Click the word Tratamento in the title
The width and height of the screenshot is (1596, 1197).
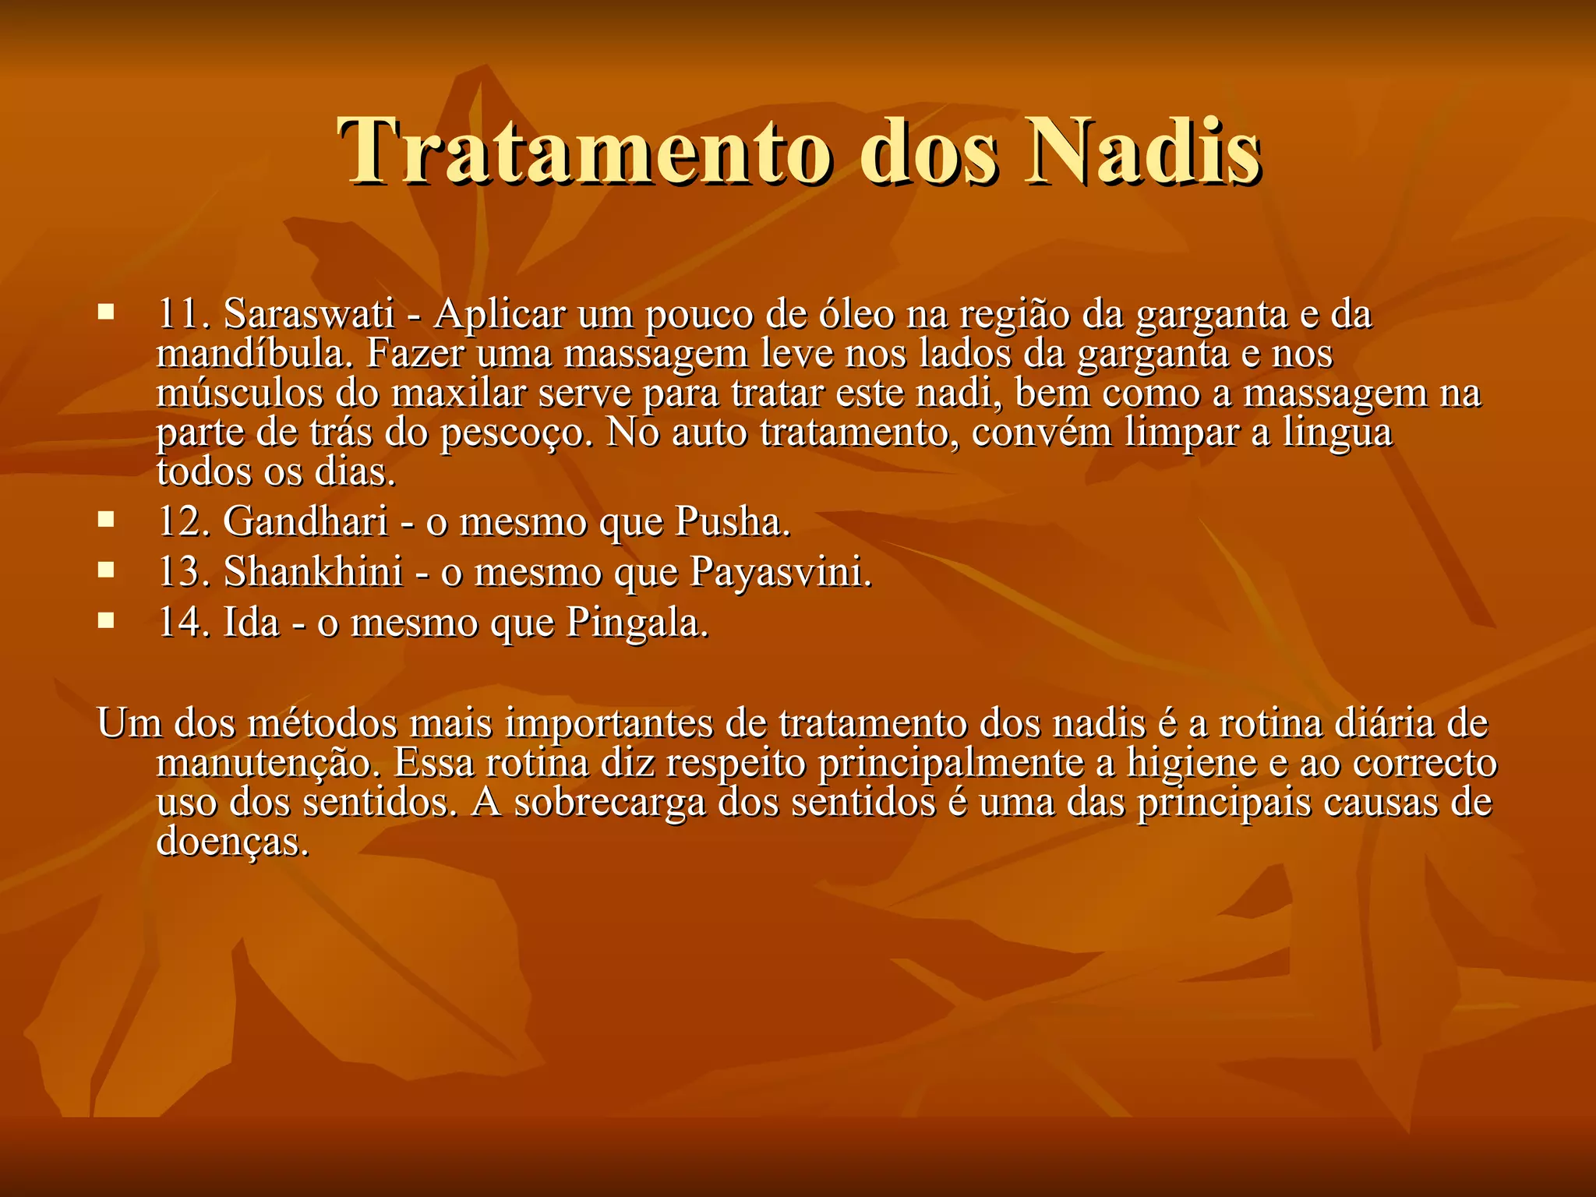click(584, 152)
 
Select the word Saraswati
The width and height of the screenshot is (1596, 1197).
click(309, 314)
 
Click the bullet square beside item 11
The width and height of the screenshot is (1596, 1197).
click(106, 313)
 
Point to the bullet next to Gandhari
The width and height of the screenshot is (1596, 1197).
click(106, 520)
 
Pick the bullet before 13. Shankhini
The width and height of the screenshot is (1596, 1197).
click(106, 570)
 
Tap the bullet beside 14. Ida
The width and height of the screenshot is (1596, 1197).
click(106, 621)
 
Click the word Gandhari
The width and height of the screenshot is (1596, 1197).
click(305, 521)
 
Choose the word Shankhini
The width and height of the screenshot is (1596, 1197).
click(313, 572)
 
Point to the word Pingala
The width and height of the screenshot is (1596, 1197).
click(637, 623)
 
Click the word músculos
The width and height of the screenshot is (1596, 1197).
click(239, 393)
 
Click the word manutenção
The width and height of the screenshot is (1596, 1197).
click(269, 764)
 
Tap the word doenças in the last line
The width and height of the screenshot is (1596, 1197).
click(232, 842)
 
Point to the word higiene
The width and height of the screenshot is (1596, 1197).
click(1192, 764)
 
